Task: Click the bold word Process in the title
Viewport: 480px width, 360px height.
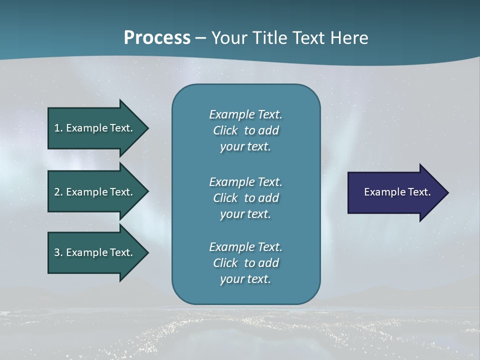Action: (157, 38)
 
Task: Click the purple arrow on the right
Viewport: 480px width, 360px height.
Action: (395, 192)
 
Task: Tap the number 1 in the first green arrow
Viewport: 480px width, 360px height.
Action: (57, 128)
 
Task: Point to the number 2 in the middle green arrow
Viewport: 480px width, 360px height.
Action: (57, 192)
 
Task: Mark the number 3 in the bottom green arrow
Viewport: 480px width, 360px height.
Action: (57, 252)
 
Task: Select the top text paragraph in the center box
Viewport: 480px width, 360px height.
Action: (245, 130)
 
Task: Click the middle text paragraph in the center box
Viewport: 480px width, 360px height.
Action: (245, 198)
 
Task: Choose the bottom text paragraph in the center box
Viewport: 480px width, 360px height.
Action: (245, 263)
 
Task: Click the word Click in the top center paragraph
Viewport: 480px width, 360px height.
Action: (225, 130)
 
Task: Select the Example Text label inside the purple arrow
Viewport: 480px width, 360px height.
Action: (397, 192)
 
